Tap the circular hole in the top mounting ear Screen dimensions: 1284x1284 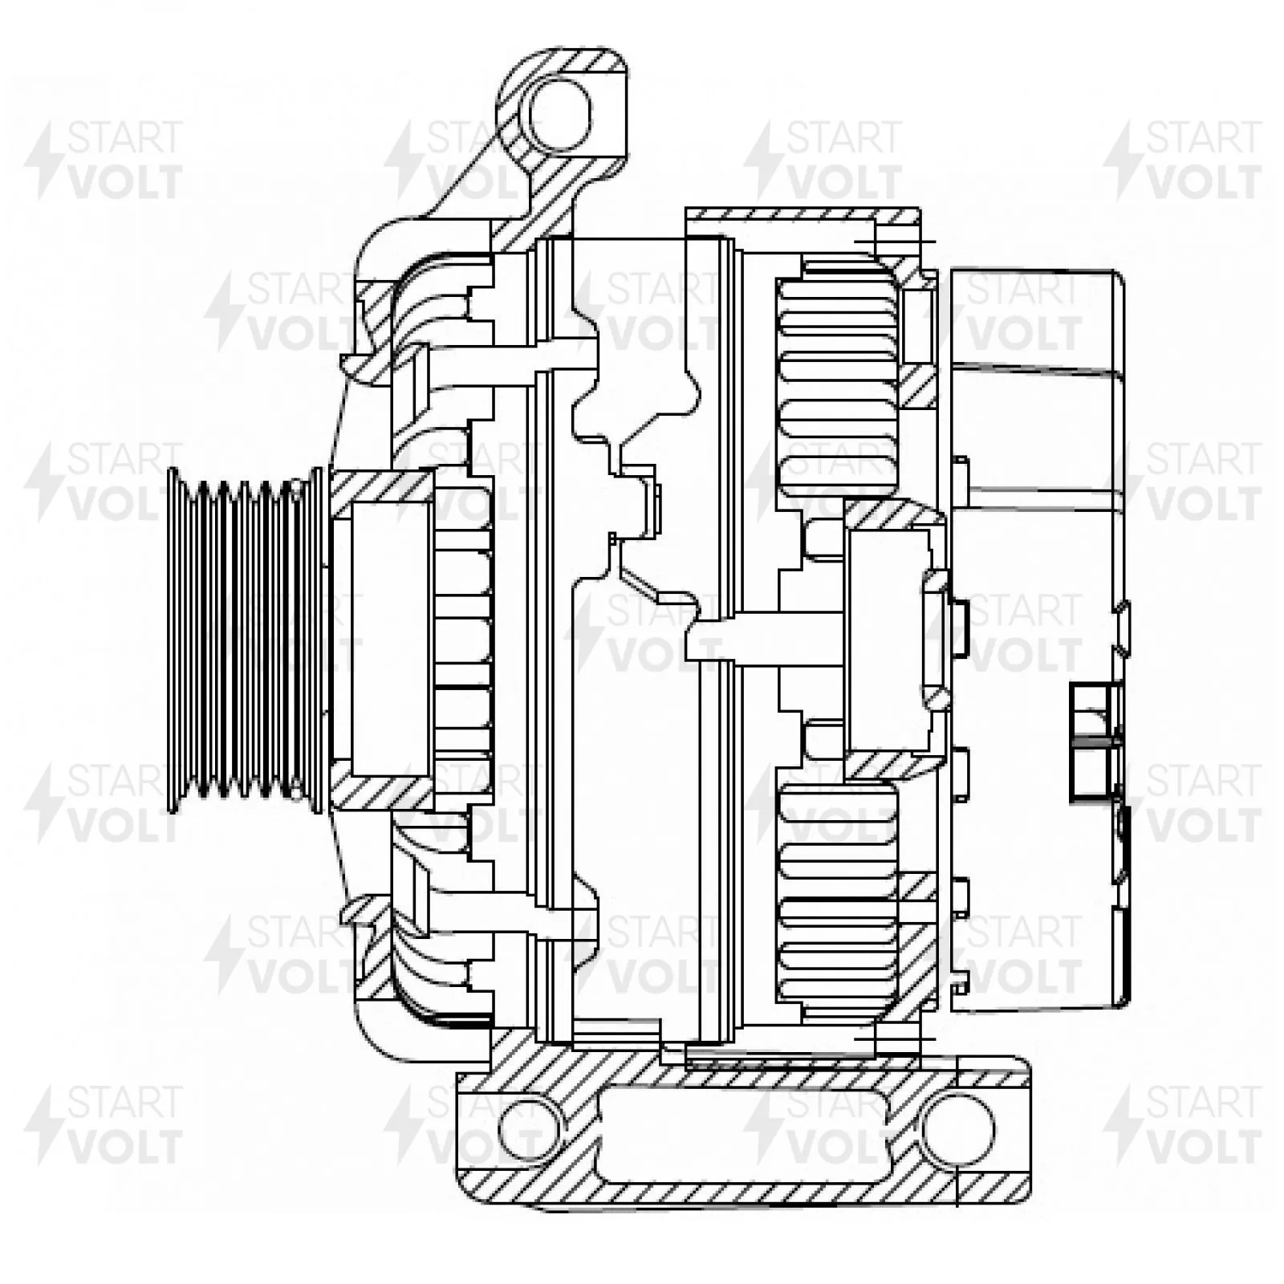[x=560, y=115]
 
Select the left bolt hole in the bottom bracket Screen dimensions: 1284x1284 [x=526, y=1130]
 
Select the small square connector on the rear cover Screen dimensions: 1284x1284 [x=1096, y=742]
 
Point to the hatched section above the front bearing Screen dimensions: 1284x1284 [x=382, y=486]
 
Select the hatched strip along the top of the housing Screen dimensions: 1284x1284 [x=802, y=215]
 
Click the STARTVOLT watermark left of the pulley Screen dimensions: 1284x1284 [x=104, y=481]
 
